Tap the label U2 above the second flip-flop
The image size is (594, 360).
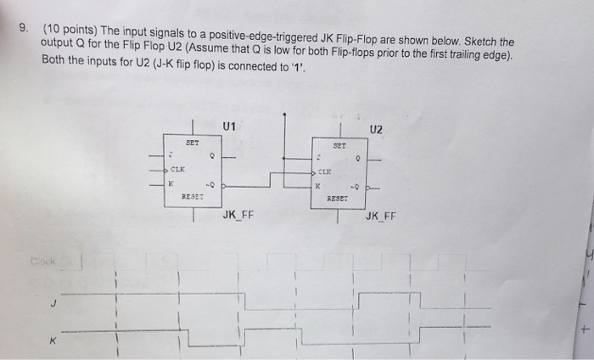click(377, 129)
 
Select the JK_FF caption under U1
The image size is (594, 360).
click(238, 215)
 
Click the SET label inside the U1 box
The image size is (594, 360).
click(192, 143)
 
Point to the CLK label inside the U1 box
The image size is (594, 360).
click(180, 169)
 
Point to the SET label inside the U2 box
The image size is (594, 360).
click(339, 145)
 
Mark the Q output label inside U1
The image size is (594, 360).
click(212, 155)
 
